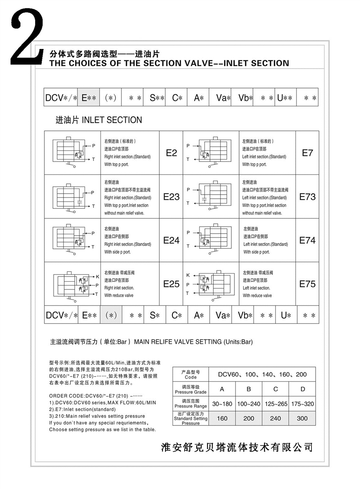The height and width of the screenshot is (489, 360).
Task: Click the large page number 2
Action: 26,38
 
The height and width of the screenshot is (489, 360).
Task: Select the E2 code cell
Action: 171,153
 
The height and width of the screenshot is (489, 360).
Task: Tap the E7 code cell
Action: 307,153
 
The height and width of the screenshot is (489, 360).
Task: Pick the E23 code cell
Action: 171,197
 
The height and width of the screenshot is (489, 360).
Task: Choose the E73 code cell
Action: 307,197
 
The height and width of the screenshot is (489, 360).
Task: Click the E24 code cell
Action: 171,241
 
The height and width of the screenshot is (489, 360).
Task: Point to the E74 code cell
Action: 307,241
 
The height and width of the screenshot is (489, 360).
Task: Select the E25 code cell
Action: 171,284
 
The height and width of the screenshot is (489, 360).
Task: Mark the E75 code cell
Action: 307,284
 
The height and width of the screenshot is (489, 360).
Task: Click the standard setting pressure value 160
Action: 222,418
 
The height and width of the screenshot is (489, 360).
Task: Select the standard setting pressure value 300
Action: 302,418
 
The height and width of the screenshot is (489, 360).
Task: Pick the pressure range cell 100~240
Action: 249,404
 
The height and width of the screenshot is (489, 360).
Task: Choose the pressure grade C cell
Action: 275,389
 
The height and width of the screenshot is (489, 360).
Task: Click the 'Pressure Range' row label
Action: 190,404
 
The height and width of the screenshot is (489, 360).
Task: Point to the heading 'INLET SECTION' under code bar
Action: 99,120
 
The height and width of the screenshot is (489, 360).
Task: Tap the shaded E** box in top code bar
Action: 89,98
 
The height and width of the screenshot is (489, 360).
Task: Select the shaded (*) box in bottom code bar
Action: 111,316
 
